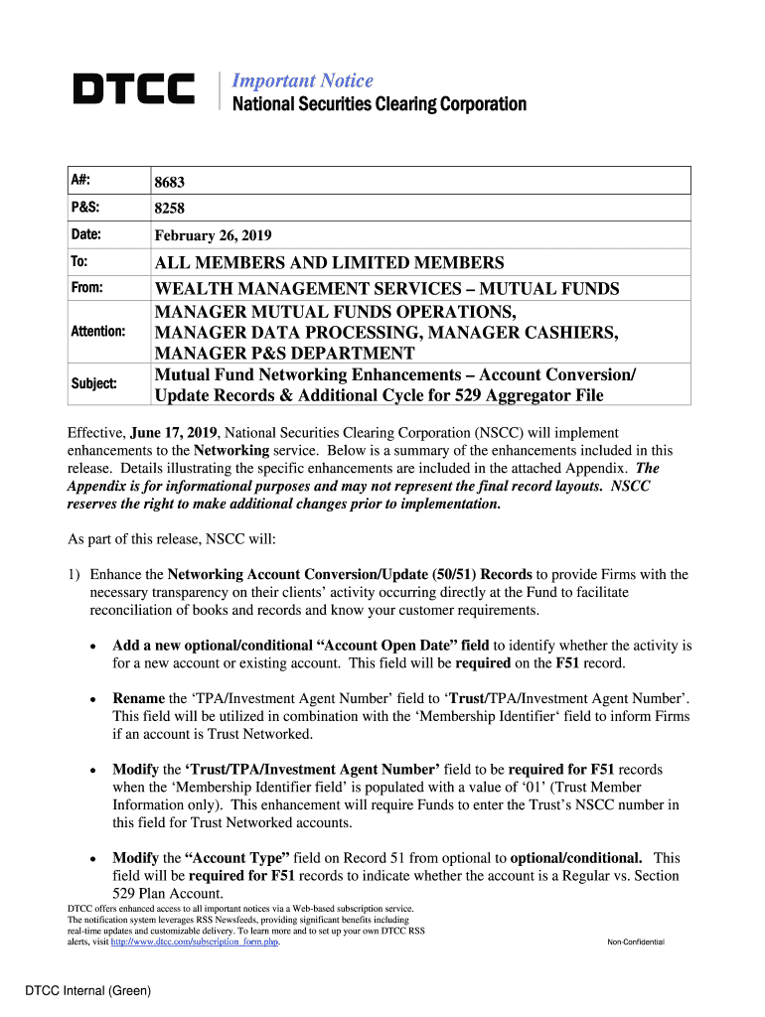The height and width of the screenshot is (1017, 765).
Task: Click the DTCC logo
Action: click(x=133, y=90)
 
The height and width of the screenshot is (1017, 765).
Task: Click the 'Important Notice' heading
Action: click(x=302, y=80)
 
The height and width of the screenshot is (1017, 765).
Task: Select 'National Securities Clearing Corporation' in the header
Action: click(x=379, y=104)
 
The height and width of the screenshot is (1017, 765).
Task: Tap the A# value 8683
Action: click(x=169, y=183)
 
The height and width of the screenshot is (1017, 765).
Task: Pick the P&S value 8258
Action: click(x=169, y=210)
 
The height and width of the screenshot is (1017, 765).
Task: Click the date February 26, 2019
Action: click(x=212, y=236)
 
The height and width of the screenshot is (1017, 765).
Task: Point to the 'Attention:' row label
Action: click(x=97, y=331)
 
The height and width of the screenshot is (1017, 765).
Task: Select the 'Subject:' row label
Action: click(x=93, y=383)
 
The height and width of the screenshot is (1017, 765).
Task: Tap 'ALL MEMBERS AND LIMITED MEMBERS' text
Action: click(x=329, y=263)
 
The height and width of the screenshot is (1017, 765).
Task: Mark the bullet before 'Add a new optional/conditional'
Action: click(x=92, y=646)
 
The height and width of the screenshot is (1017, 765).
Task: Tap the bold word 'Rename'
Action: click(x=139, y=698)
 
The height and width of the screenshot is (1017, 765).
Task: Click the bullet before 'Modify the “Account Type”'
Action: click(x=92, y=858)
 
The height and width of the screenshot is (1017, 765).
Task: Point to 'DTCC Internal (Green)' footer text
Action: click(x=88, y=989)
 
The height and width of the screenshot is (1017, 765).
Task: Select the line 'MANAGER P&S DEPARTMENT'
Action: click(x=283, y=354)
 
